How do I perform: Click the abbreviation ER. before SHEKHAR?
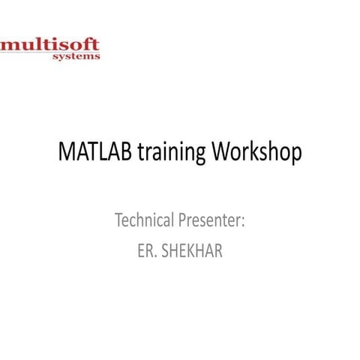pyautogui.click(x=144, y=250)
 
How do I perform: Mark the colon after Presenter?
pyautogui.click(x=244, y=223)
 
